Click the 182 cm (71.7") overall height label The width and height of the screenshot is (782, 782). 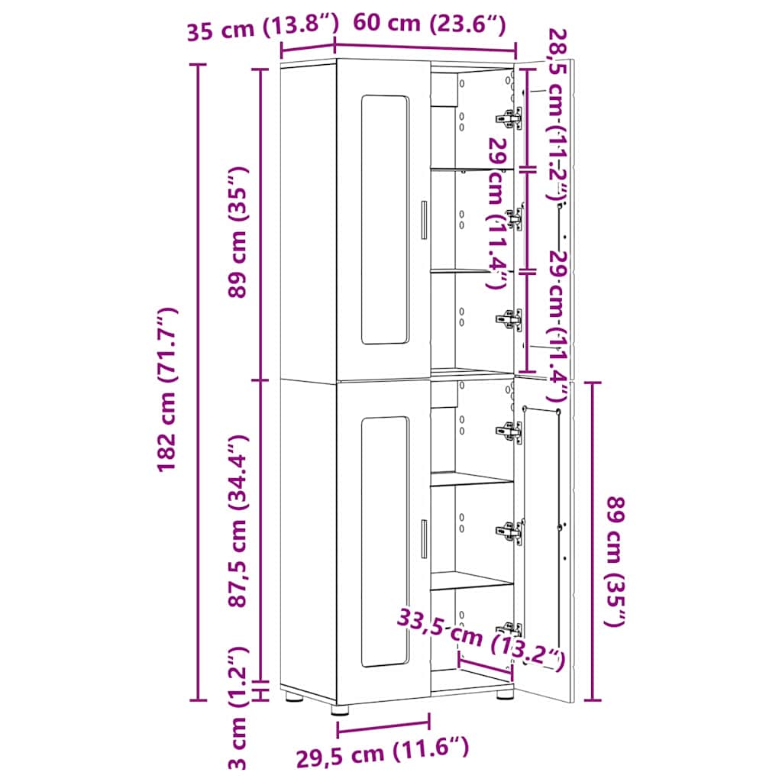[168, 389]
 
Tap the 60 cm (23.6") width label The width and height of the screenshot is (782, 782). [428, 24]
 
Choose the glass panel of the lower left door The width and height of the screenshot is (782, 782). [384, 541]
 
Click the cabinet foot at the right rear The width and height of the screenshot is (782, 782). [505, 695]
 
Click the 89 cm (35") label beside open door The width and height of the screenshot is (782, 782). [615, 561]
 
